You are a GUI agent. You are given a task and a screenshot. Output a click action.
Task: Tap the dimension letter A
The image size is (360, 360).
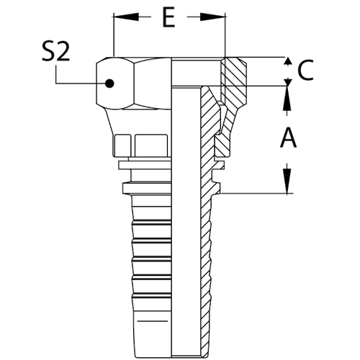pyautogui.click(x=288, y=136)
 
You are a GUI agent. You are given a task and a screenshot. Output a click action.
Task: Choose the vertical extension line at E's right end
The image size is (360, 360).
pyautogui.click(x=225, y=36)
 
